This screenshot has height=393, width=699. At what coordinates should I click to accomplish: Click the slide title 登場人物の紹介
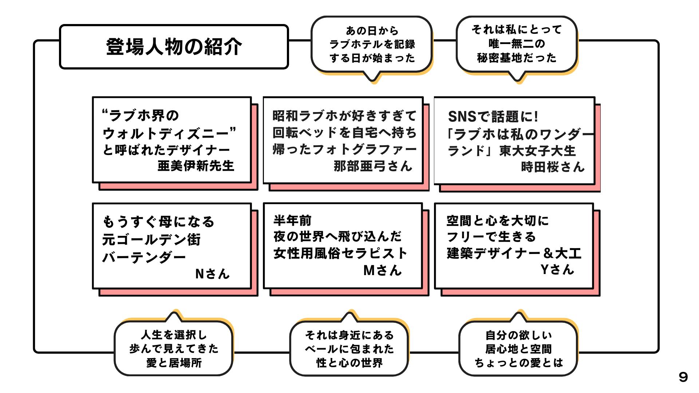click(174, 47)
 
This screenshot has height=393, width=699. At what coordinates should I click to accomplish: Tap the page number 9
click(683, 377)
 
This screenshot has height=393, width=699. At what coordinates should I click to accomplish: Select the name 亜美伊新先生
click(196, 166)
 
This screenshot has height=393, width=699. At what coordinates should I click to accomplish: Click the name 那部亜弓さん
click(373, 166)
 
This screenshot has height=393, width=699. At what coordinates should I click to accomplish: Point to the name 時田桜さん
click(552, 167)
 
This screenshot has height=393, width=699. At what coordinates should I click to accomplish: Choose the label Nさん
click(212, 274)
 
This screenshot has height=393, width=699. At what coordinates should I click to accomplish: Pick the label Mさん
click(382, 270)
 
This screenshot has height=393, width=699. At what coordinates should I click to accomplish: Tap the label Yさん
click(557, 270)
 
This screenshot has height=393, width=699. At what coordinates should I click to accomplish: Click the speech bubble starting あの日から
click(372, 44)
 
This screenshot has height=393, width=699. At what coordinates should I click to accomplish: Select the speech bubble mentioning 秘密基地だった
click(517, 44)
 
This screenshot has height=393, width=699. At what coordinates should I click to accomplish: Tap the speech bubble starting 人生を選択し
click(174, 349)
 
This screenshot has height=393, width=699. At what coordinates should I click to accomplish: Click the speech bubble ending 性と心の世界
click(349, 349)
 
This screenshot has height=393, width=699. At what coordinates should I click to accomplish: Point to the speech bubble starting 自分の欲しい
click(518, 349)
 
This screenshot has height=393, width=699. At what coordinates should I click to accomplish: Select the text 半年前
click(292, 221)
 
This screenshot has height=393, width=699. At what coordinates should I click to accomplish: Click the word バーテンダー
click(144, 257)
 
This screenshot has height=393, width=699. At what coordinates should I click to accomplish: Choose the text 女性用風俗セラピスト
click(340, 253)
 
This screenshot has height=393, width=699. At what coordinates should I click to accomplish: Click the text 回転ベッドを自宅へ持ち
click(344, 133)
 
